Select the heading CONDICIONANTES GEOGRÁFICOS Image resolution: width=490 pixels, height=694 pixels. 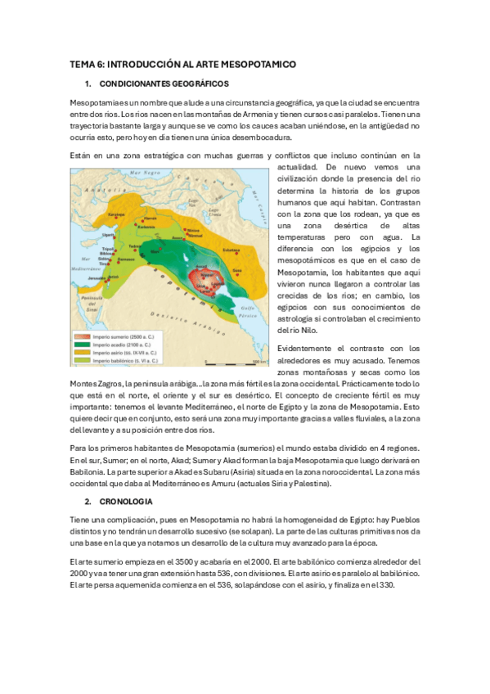pyautogui.click(x=164, y=83)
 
